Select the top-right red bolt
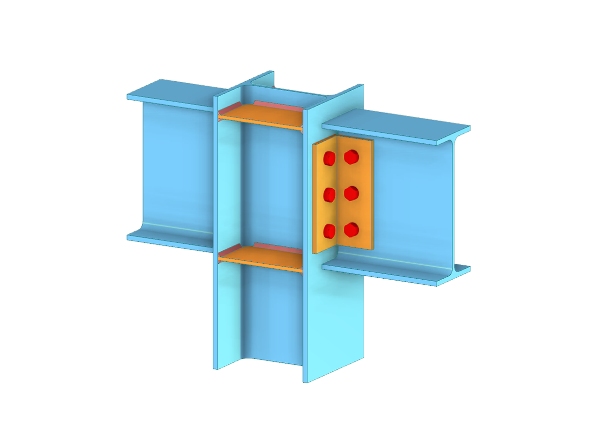point(352,157)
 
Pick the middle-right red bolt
point(352,193)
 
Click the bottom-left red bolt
point(329,230)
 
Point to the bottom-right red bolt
point(352,229)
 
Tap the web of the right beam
point(409,199)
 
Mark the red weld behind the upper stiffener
point(279,106)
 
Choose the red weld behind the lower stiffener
point(279,247)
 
